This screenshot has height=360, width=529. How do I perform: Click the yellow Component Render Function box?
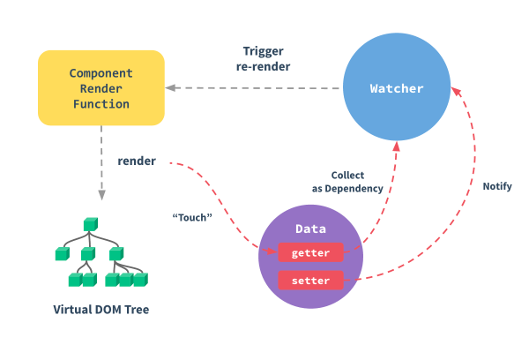tap(101, 86)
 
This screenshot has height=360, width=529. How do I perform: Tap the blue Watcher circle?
tap(397, 88)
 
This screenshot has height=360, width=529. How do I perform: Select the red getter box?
tap(309, 253)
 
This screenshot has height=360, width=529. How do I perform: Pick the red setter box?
tap(309, 281)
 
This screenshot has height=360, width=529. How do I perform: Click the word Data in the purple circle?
tap(311, 229)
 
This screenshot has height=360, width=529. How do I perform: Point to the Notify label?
tap(497, 187)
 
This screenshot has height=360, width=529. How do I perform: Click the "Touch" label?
tap(192, 216)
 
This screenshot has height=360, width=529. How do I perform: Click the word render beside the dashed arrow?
tap(137, 161)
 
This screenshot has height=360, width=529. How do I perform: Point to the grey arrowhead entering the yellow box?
tap(171, 87)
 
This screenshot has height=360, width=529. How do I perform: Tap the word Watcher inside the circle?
tap(397, 88)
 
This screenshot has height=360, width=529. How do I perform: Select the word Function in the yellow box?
tap(101, 104)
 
